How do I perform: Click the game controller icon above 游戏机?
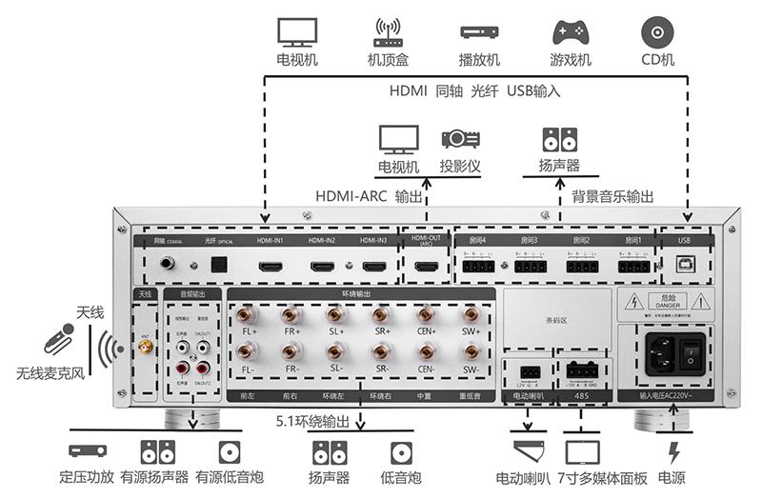click(571, 32)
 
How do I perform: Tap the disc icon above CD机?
click(657, 31)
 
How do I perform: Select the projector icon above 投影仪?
click(459, 138)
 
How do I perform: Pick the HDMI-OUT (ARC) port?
click(426, 268)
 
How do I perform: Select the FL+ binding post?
click(248, 316)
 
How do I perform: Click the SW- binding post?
click(471, 351)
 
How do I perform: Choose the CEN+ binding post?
click(426, 316)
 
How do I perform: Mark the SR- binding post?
click(381, 351)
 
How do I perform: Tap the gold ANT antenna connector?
click(146, 349)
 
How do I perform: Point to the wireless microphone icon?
click(58, 339)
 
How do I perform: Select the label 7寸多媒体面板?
click(602, 477)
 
